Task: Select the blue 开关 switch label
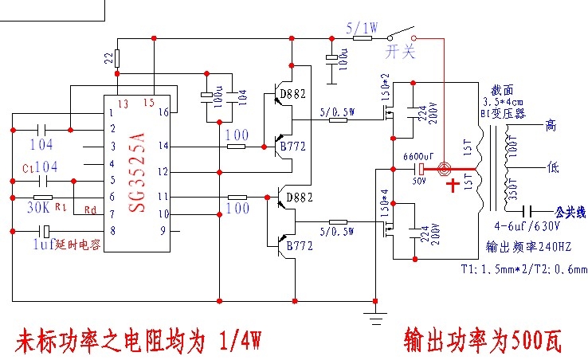(x=401, y=52)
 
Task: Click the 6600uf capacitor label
(x=418, y=156)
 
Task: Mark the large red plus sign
(x=454, y=186)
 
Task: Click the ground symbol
(x=374, y=318)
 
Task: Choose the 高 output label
(x=550, y=125)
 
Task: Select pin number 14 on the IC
(x=164, y=146)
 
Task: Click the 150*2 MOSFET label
(x=385, y=82)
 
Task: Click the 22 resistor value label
(x=108, y=58)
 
